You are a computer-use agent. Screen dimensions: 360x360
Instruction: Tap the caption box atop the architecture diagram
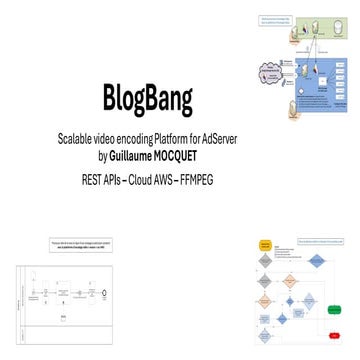coord(279,19)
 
